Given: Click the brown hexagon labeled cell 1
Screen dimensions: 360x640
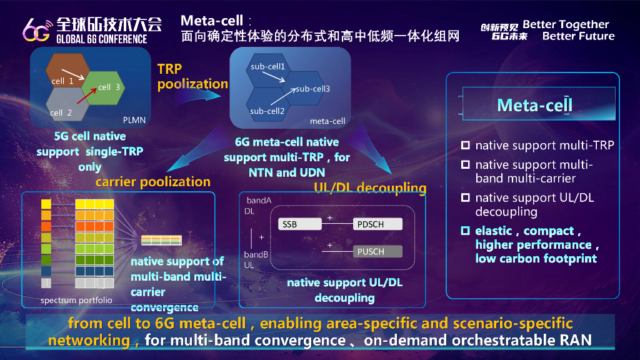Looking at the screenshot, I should [x=62, y=71].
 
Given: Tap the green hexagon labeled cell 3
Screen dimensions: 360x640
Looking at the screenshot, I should [x=104, y=87].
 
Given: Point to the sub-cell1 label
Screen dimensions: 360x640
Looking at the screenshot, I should [x=267, y=66].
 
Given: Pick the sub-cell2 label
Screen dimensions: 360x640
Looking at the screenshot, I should [x=267, y=111].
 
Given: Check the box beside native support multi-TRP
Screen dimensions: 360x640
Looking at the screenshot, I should [x=465, y=146].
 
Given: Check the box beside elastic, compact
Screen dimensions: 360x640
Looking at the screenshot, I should [x=465, y=231].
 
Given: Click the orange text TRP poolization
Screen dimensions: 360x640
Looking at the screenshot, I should [x=192, y=76].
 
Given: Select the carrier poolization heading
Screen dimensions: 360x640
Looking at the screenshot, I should [x=152, y=182].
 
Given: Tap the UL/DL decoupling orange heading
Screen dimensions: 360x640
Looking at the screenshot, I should [x=370, y=188].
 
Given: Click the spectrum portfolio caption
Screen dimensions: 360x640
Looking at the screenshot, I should [x=76, y=300].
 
